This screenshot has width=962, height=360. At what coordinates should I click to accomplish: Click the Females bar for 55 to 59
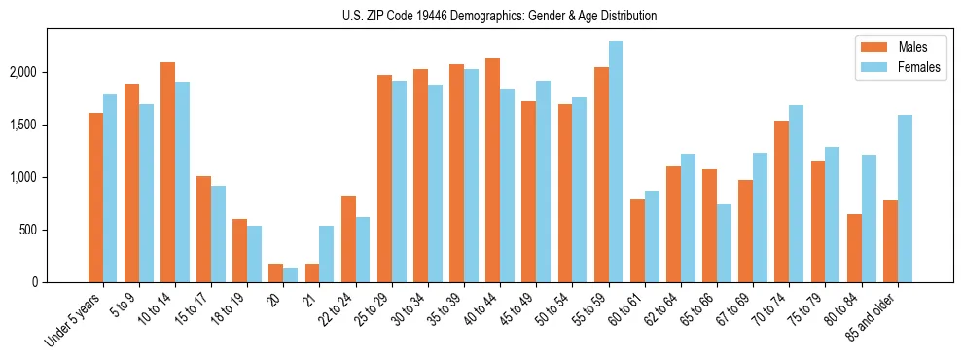point(616,162)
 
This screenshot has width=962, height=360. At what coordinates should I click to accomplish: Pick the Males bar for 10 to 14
point(167,172)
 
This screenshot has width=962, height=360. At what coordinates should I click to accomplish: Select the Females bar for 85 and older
point(905,198)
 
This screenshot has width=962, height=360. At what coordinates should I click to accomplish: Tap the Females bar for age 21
point(327,254)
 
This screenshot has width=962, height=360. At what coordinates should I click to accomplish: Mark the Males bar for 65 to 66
point(710,226)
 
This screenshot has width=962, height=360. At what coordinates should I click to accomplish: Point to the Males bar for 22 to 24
point(348,238)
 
